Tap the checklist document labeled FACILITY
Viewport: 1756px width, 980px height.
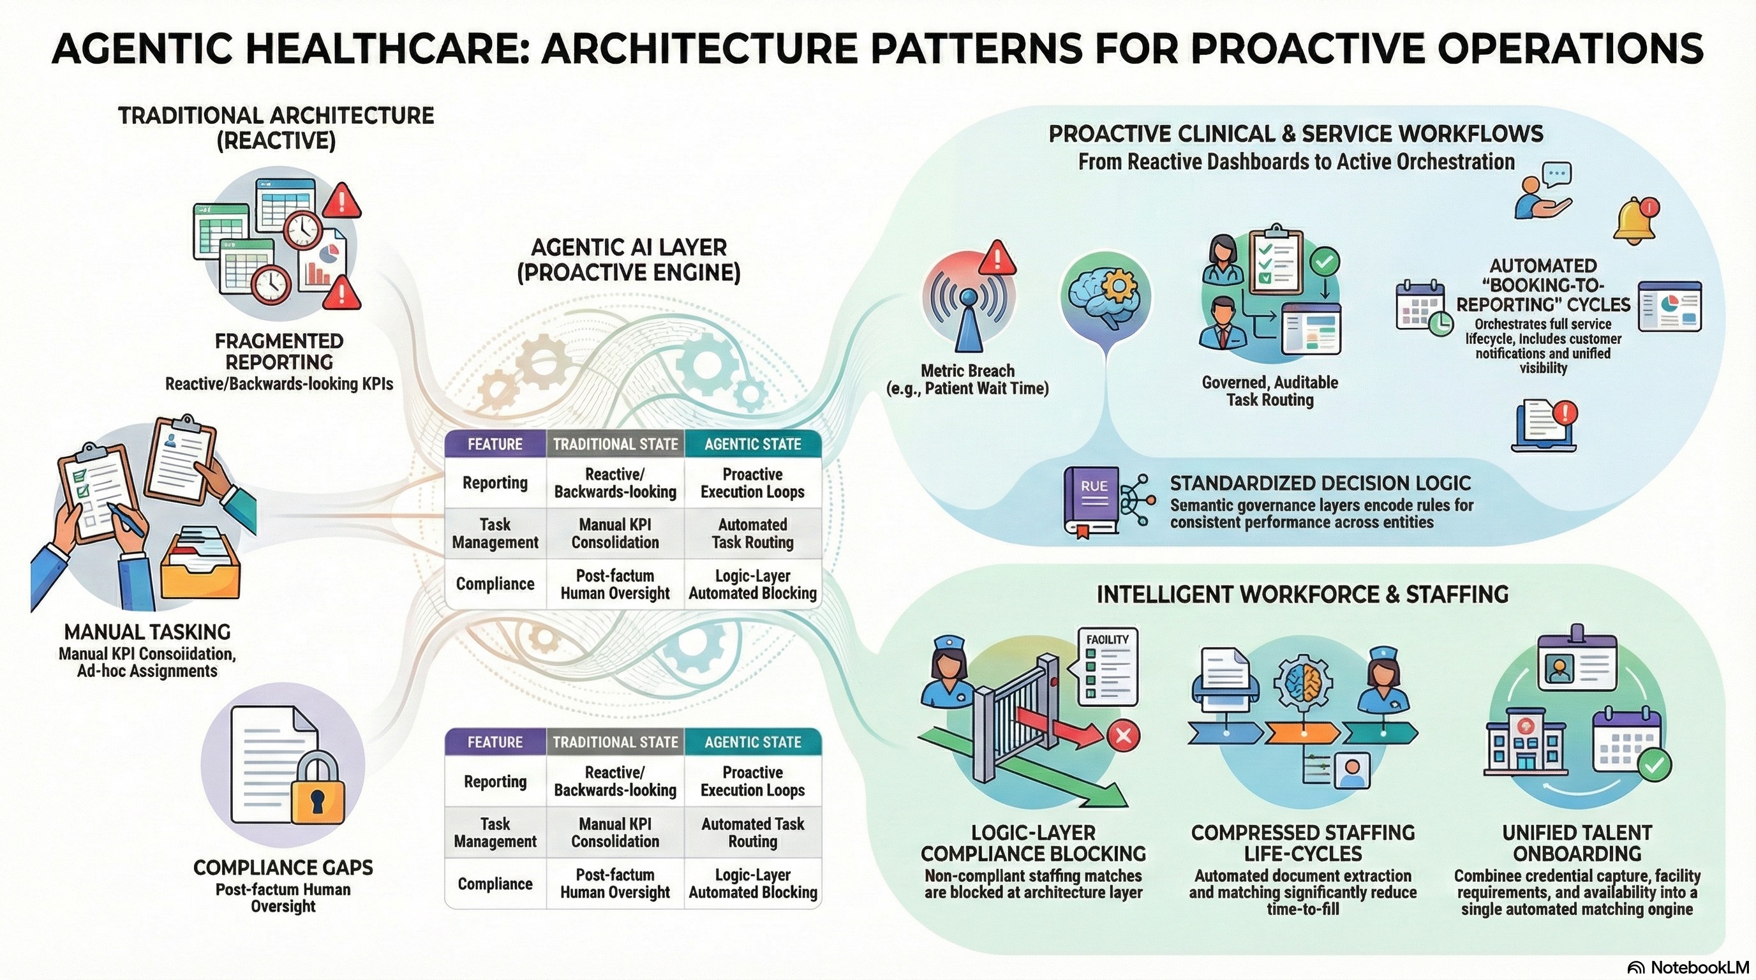(1107, 667)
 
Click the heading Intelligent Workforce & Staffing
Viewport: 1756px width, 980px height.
(1302, 595)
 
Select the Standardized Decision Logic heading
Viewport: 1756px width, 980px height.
(1320, 483)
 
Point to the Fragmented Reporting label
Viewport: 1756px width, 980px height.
(279, 351)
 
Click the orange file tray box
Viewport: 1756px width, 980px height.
(200, 563)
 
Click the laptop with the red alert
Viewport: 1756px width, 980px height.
(1545, 427)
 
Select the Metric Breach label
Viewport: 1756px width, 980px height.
(967, 371)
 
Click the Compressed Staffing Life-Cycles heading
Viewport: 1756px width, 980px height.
(1303, 843)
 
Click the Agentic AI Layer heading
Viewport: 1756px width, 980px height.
(629, 259)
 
